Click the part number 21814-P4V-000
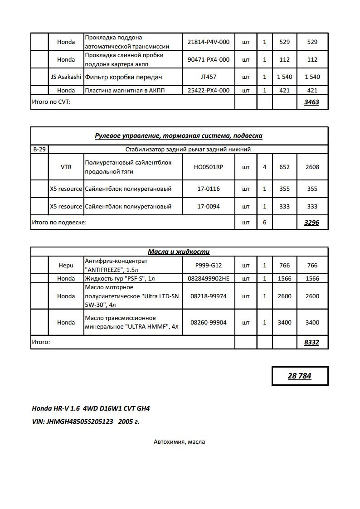pos(208,42)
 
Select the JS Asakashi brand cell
pos(66,77)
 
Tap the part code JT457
pos(208,77)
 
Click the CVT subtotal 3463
pos(311,102)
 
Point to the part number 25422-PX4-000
pos(208,90)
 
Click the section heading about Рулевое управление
pos(179,136)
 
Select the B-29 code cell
pos(39,149)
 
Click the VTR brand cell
pos(66,167)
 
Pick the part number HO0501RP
pos(208,167)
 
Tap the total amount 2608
pos(312,167)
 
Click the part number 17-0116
pos(208,189)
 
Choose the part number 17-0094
pos(208,206)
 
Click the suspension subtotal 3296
pos(311,223)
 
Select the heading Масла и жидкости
pos(179,252)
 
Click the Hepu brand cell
pos(66,265)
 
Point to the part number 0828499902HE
pos(208,278)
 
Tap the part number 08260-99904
pos(208,322)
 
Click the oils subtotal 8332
pos(311,342)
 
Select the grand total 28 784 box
pos(300,376)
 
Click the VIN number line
pos(85,421)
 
